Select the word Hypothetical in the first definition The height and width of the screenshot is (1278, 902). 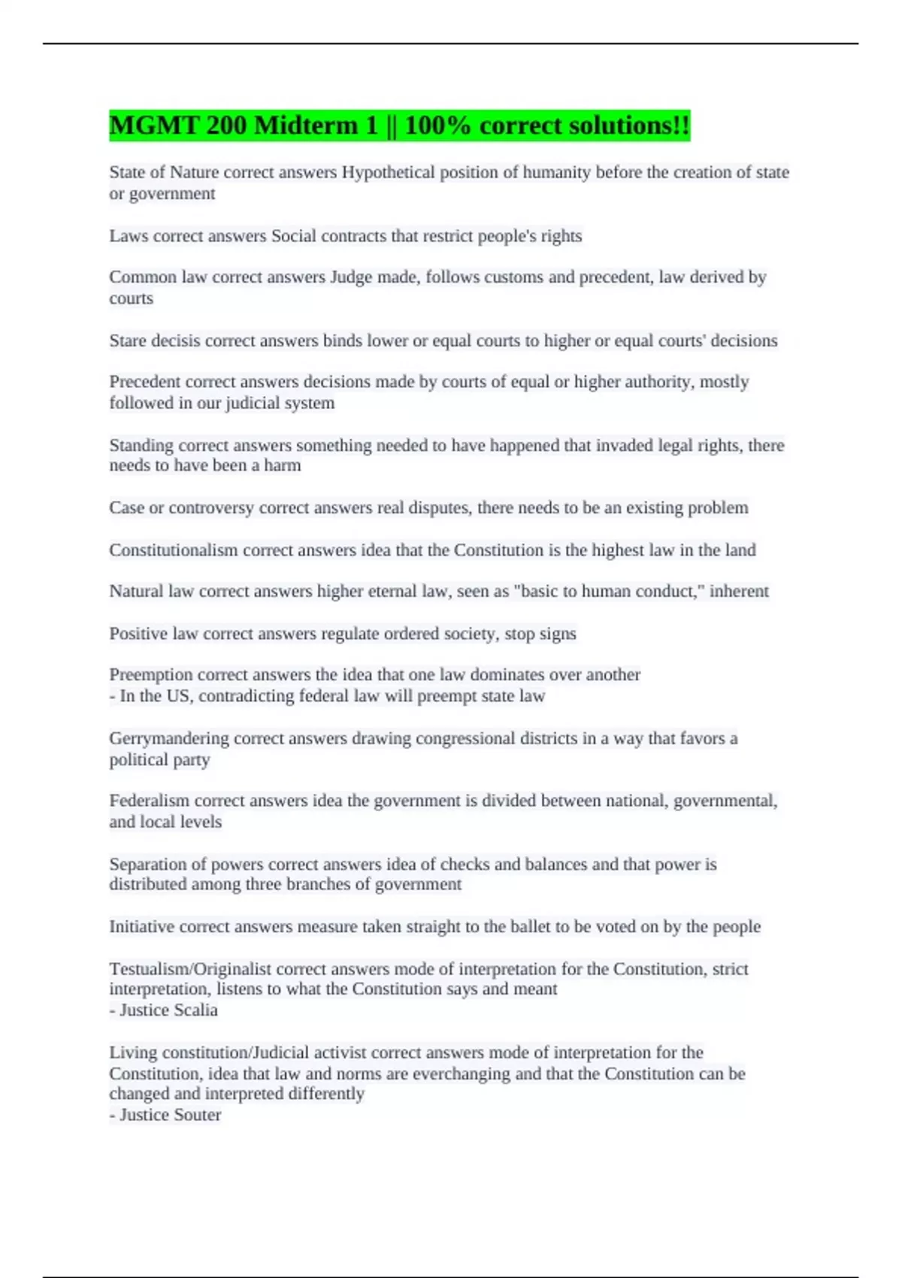point(388,173)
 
